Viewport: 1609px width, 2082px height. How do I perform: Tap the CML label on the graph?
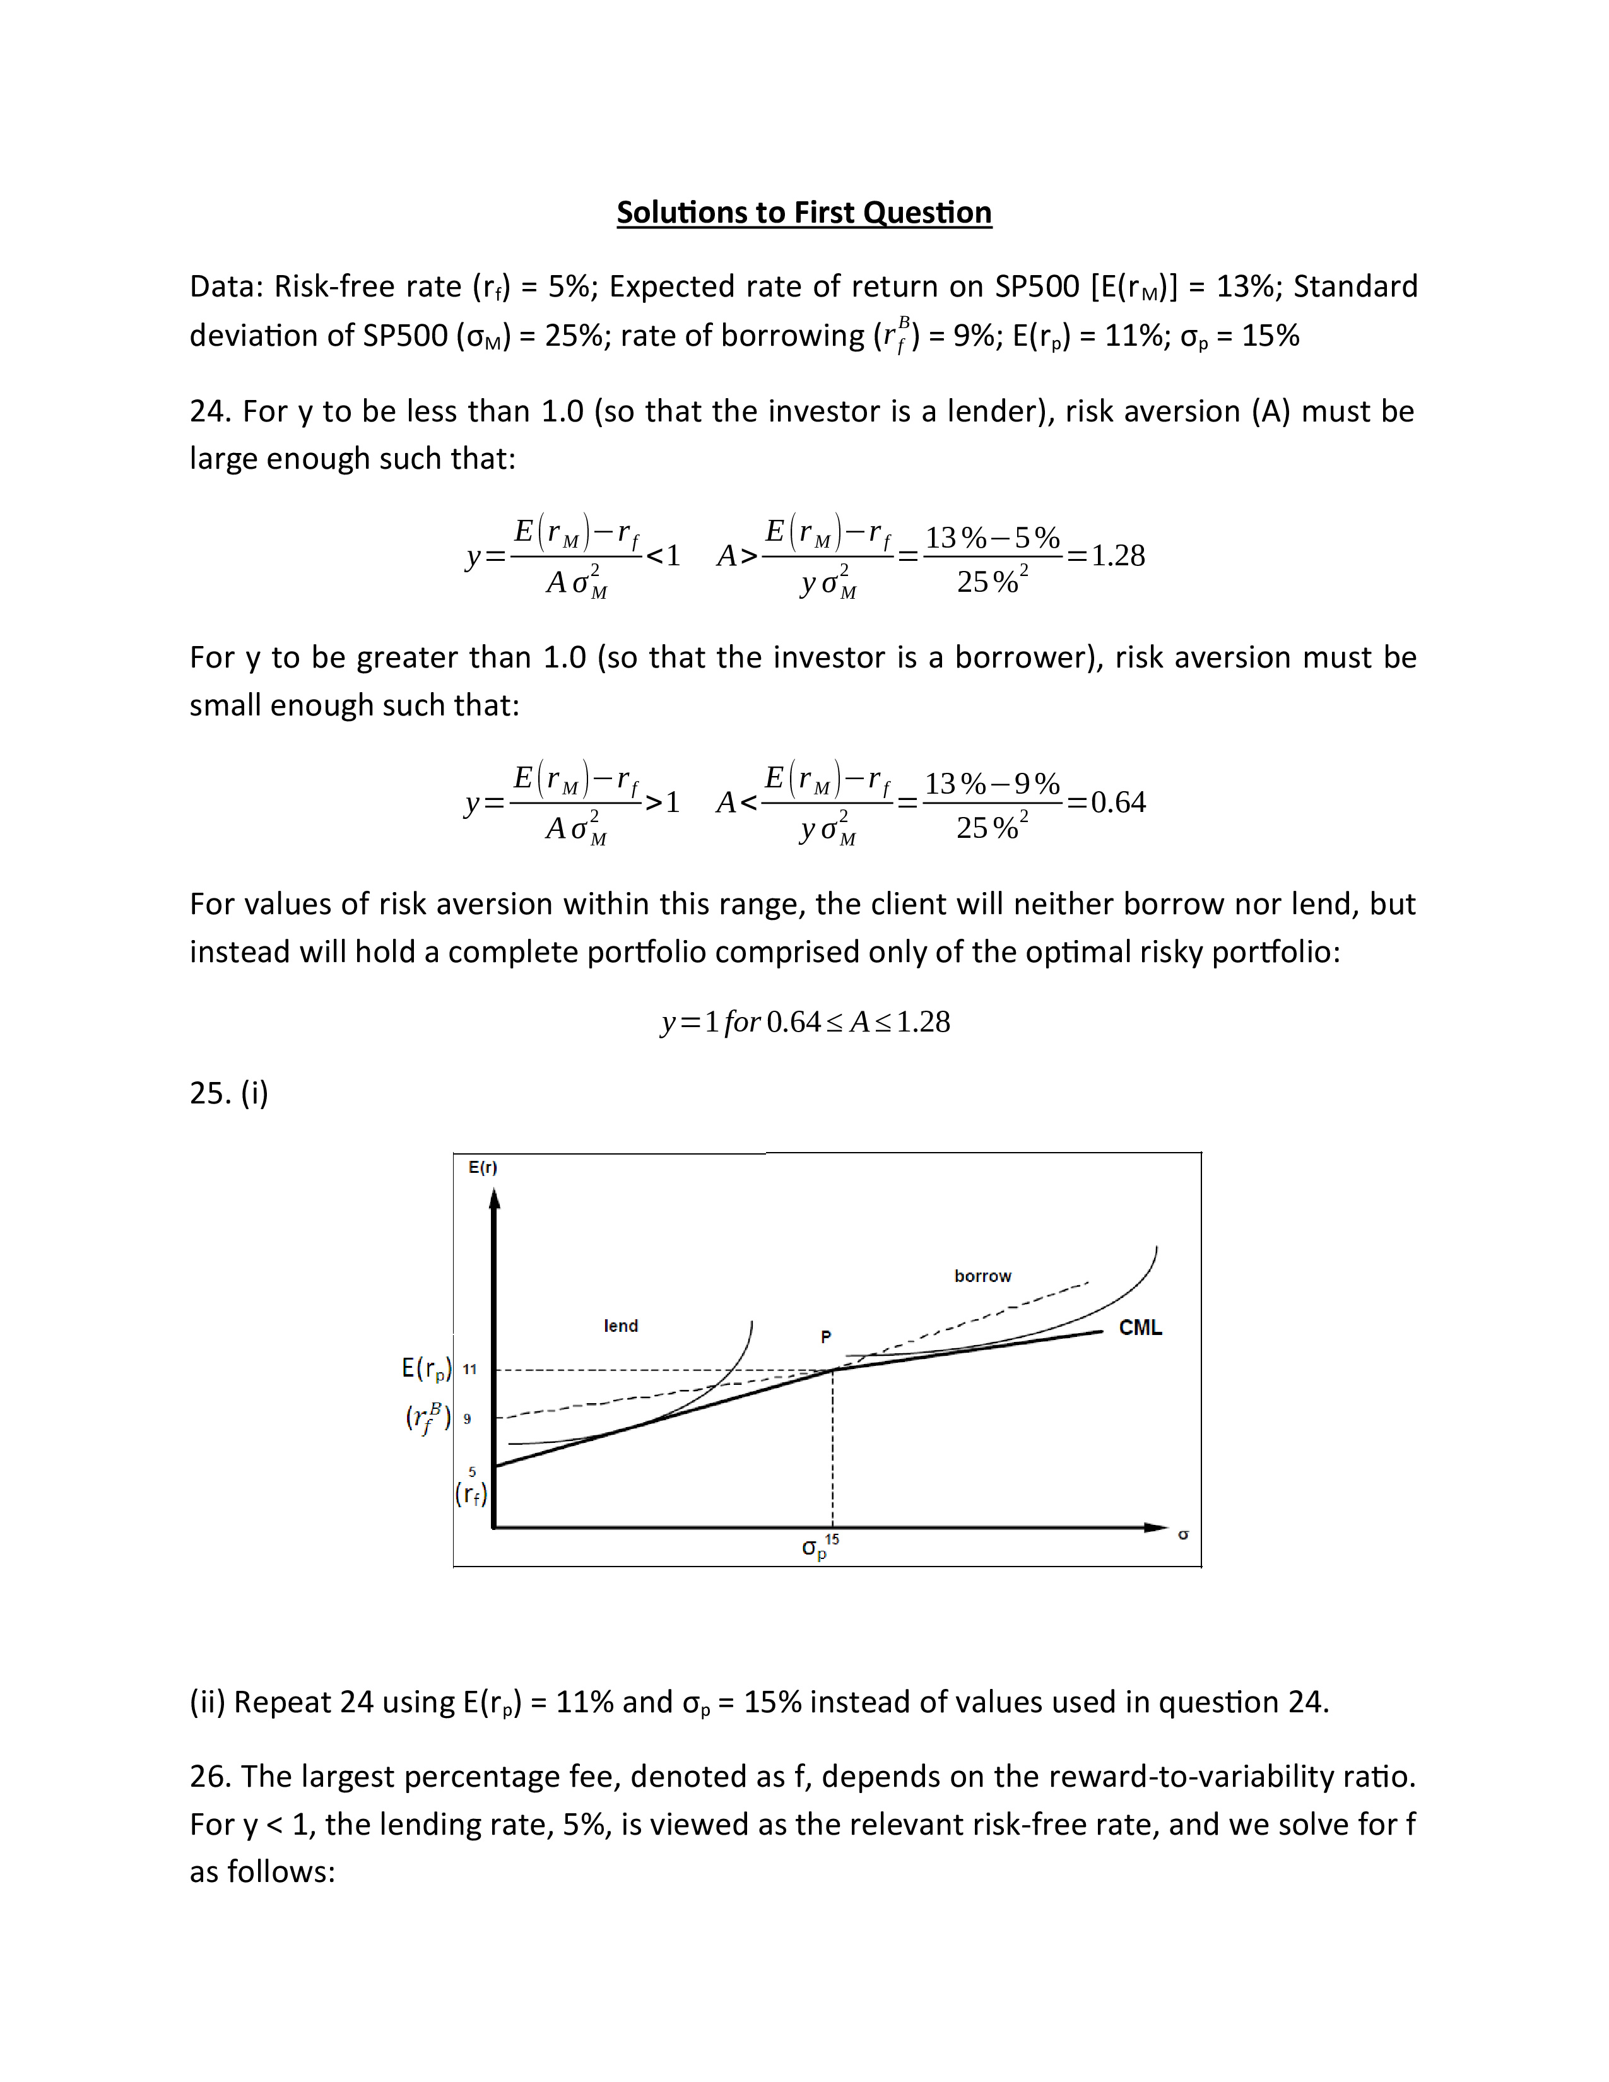click(x=1140, y=1328)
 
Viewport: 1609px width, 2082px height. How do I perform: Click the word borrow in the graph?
click(x=982, y=1276)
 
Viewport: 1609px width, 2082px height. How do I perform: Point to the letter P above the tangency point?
click(x=825, y=1338)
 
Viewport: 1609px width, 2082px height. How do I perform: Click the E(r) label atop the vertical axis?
click(x=482, y=1168)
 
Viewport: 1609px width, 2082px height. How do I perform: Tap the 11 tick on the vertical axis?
click(x=469, y=1370)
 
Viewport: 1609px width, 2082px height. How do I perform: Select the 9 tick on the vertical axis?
click(x=467, y=1418)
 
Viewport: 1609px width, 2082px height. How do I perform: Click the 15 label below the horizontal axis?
click(x=832, y=1539)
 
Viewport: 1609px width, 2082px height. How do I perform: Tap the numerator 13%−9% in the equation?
click(x=993, y=784)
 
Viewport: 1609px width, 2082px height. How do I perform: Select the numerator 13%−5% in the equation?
click(x=993, y=538)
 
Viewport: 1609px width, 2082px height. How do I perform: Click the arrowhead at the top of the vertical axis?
click(x=494, y=1200)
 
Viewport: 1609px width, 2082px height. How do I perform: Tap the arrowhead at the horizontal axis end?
click(x=1157, y=1527)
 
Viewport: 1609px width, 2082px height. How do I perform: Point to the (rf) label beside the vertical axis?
click(x=471, y=1494)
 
